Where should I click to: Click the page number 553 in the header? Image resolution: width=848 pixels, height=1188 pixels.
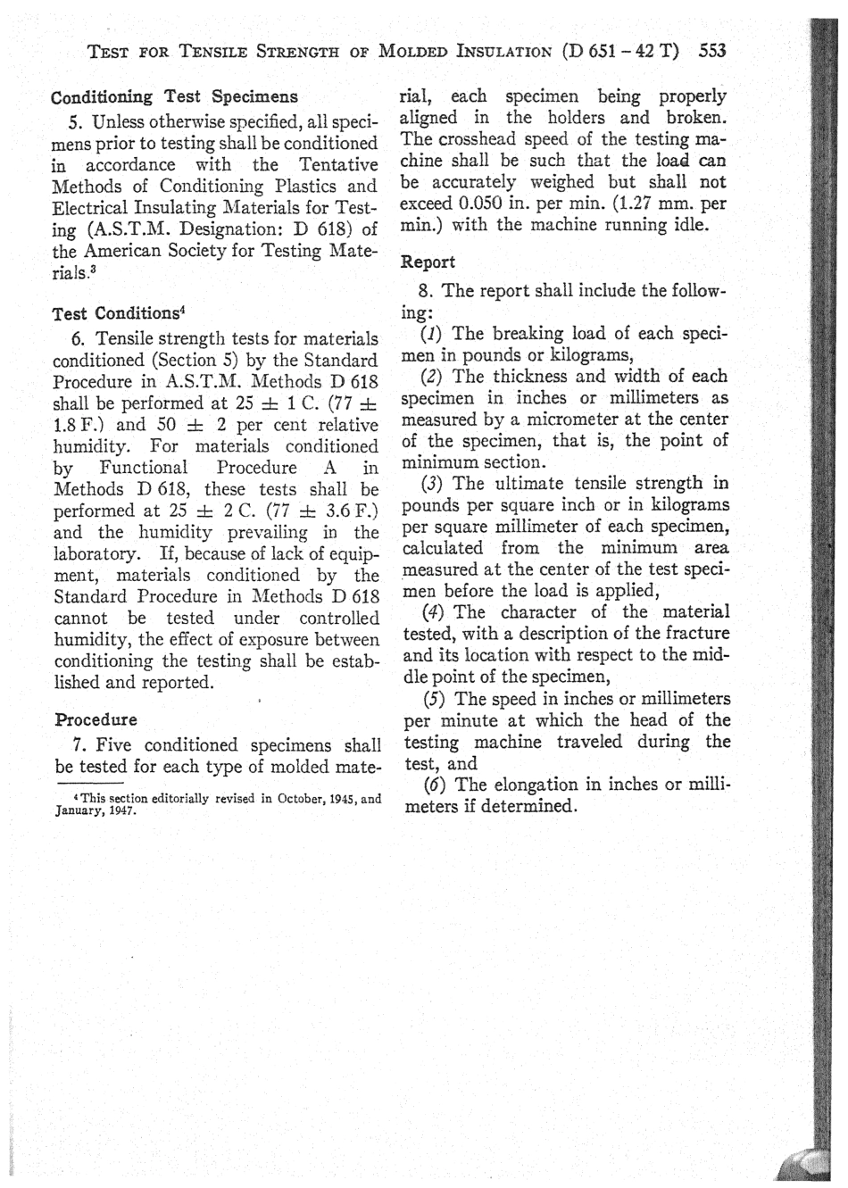(713, 50)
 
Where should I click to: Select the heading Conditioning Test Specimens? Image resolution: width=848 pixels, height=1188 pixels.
(174, 96)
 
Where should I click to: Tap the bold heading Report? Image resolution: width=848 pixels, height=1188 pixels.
(428, 262)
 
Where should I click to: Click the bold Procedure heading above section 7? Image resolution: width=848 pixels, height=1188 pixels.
(96, 719)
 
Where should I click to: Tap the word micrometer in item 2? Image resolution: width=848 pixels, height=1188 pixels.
(559, 420)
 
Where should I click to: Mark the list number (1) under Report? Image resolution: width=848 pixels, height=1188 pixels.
(433, 334)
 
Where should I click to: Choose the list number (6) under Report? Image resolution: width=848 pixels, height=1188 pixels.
(433, 785)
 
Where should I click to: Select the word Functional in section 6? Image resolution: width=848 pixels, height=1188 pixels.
(143, 468)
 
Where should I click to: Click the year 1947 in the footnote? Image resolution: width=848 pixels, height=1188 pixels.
(118, 813)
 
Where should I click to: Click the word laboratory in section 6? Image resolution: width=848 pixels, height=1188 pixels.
(100, 554)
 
